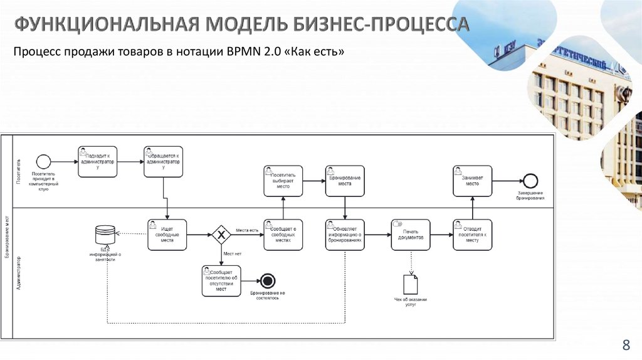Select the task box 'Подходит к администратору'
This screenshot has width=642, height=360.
point(97,162)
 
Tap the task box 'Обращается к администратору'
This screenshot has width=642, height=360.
point(163,162)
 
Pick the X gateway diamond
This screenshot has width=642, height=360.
point(221,235)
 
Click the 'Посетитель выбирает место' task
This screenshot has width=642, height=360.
point(283,181)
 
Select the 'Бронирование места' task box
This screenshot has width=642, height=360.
point(345,181)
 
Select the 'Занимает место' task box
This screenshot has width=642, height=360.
point(473,181)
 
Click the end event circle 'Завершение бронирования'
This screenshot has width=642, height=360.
point(530,181)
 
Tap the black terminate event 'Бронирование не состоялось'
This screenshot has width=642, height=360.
point(268,281)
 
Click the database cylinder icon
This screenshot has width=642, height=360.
point(105,235)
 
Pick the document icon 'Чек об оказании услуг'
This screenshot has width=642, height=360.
point(411,285)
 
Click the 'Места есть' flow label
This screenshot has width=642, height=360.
point(247,230)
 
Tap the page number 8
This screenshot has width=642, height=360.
point(625,344)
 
